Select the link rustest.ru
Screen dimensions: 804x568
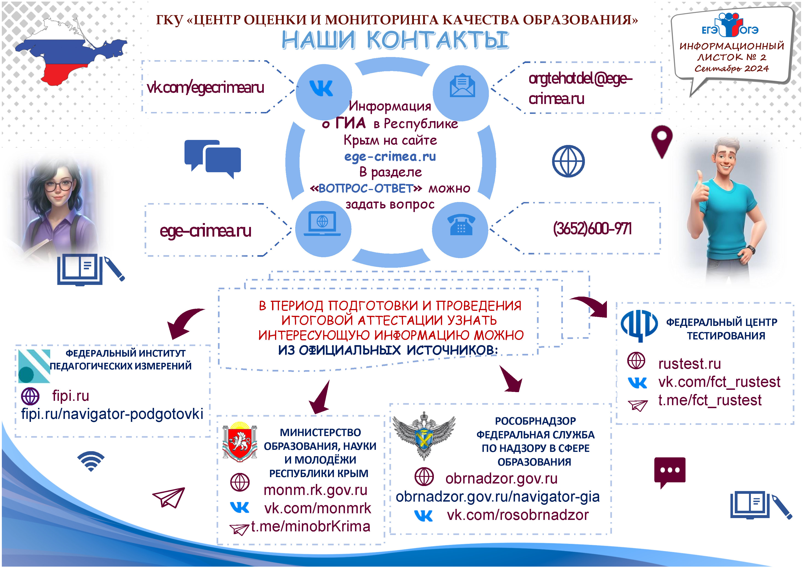click(x=689, y=364)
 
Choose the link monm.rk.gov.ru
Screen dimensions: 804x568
click(x=315, y=490)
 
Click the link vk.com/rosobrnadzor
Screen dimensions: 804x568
click(x=518, y=515)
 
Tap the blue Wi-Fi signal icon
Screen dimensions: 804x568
click(x=91, y=461)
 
